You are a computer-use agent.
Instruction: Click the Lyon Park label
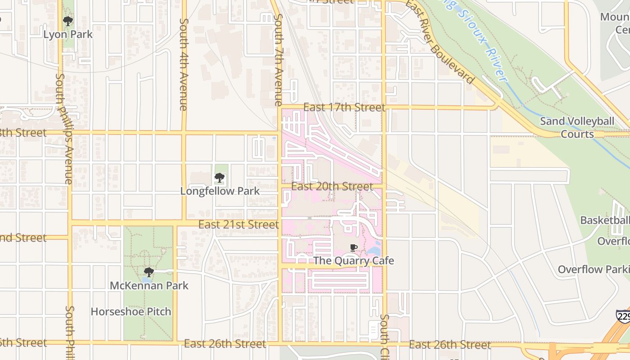click(x=68, y=34)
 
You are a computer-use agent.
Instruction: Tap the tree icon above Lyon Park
click(x=68, y=21)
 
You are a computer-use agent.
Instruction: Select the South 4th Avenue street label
click(x=183, y=64)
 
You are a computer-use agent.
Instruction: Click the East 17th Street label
click(x=344, y=107)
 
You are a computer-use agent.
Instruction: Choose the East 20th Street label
click(x=332, y=186)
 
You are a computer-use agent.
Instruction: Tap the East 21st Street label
click(x=238, y=224)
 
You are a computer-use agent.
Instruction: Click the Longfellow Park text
click(x=220, y=191)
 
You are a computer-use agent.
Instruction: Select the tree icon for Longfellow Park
click(x=220, y=178)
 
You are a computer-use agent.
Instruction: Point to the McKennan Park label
click(x=149, y=285)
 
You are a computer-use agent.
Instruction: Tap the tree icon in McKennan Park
click(x=149, y=272)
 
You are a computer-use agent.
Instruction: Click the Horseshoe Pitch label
click(x=131, y=311)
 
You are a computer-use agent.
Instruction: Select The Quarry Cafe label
click(x=353, y=261)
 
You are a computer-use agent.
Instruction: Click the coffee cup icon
click(x=354, y=247)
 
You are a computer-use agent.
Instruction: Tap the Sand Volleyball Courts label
click(x=577, y=127)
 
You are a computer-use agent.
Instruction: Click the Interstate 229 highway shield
click(x=624, y=317)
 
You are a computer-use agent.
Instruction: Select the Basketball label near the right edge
click(x=605, y=220)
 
